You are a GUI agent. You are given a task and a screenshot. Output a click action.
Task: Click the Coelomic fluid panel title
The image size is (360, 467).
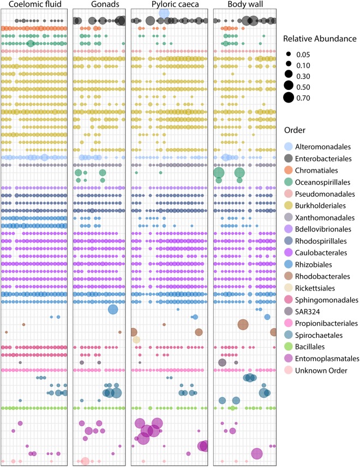tap(35, 4)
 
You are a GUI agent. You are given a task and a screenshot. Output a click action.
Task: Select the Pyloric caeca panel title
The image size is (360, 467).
tap(175, 4)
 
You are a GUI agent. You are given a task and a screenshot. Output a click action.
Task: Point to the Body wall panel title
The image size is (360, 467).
tap(245, 4)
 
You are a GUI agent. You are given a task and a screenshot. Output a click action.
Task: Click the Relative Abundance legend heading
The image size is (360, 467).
tap(320, 39)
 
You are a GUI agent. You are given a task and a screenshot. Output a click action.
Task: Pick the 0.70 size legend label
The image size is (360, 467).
tap(303, 98)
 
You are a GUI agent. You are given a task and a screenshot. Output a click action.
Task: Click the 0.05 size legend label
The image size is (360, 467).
tap(303, 55)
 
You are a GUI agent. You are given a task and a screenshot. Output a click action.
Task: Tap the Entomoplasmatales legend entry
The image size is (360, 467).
tap(322, 359)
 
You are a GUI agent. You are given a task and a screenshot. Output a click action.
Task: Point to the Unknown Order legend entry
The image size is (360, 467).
tap(316, 371)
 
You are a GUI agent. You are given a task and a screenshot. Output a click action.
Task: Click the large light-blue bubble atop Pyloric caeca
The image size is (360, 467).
tap(164, 13)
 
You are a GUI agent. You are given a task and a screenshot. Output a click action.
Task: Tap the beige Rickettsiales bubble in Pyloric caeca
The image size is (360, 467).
tap(136, 339)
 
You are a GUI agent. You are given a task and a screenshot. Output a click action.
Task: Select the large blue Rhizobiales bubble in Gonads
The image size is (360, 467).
tap(113, 310)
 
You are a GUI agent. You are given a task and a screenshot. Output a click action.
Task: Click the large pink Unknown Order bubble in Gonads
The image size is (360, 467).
tap(85, 462)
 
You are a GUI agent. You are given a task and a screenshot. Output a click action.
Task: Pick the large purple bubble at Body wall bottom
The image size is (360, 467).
tap(257, 453)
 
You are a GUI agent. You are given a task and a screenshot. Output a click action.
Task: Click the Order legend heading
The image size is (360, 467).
tap(295, 130)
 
